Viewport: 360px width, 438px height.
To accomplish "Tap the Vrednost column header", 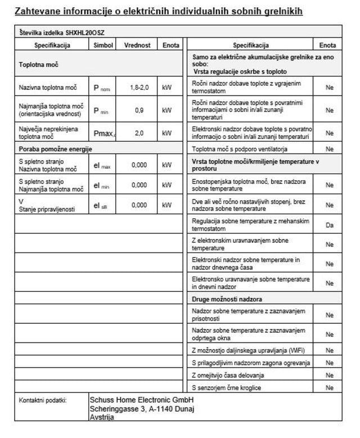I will pos(137,45).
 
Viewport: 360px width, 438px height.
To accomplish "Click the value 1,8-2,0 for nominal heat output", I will pos(138,88).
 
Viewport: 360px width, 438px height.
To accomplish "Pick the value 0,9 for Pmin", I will pos(139,110).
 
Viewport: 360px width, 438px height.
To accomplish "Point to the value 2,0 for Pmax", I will pos(139,133).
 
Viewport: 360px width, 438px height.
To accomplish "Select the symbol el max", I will pos(102,165).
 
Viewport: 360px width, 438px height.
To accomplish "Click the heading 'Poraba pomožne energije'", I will pos(56,149).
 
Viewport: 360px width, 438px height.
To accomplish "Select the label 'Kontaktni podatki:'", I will pos(42,400).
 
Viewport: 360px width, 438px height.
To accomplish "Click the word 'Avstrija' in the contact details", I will pos(102,417).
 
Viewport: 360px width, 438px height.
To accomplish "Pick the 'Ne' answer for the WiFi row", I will pos(330,350).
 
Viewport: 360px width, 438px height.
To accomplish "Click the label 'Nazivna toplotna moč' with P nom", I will pos(47,88).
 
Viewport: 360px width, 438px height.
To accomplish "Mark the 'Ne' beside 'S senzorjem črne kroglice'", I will pos(330,388).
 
